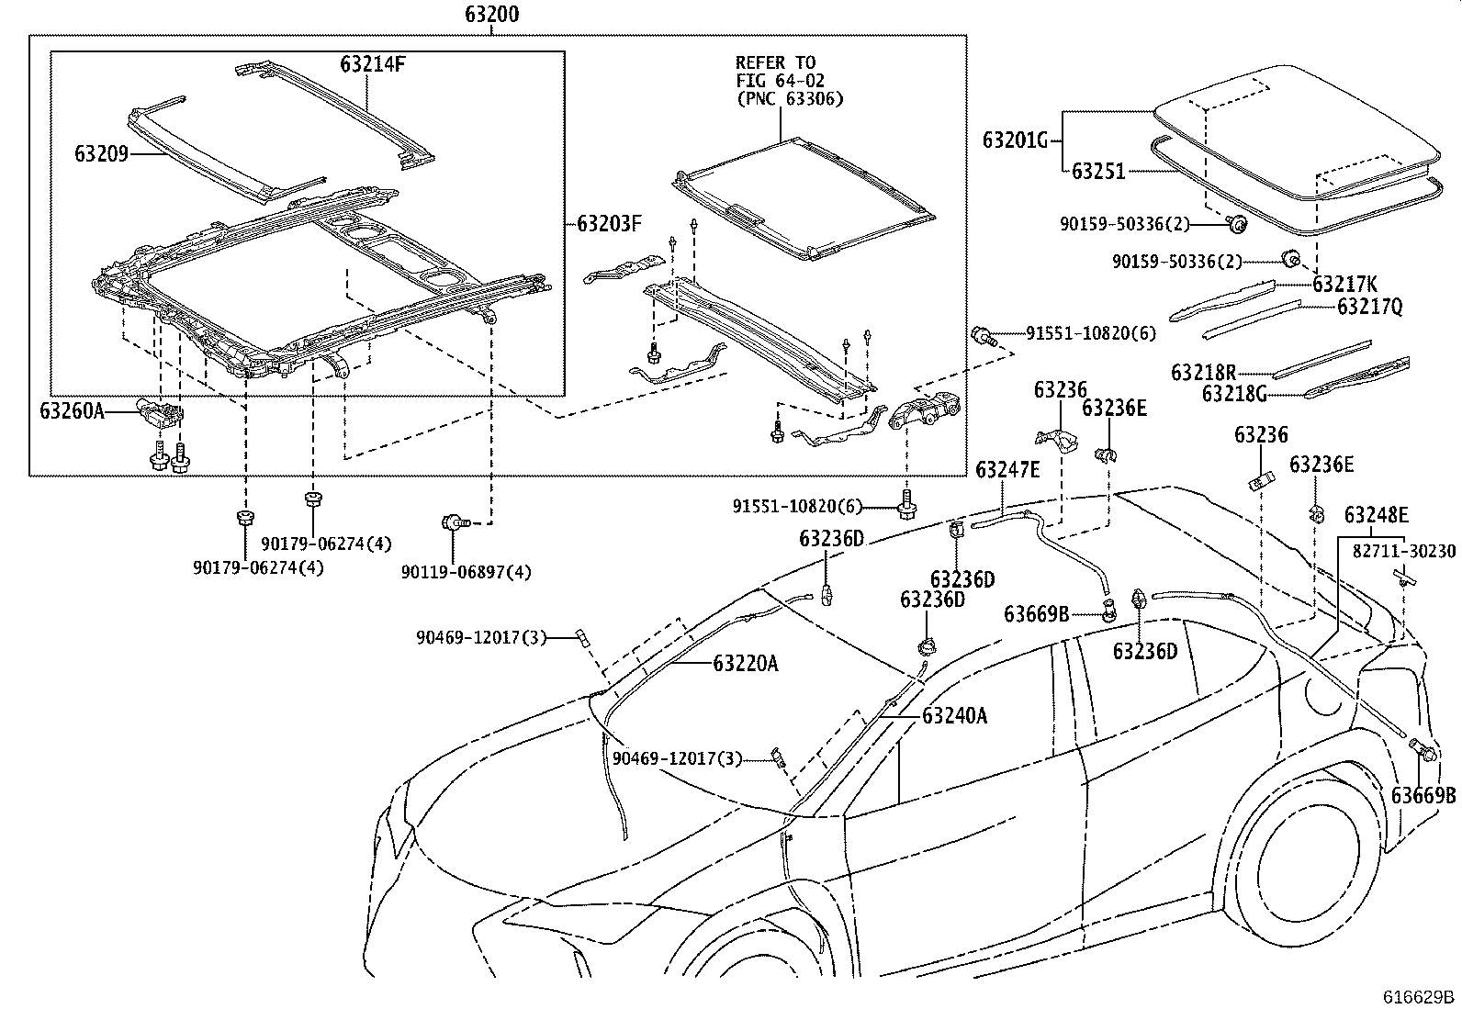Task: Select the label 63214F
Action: pyautogui.click(x=372, y=65)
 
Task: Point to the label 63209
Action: pyautogui.click(x=101, y=153)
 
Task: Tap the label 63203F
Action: pyautogui.click(x=609, y=223)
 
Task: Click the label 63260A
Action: pyautogui.click(x=72, y=410)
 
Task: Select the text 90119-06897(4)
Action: pyautogui.click(x=466, y=572)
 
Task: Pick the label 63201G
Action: pyautogui.click(x=1015, y=140)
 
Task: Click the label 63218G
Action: pyautogui.click(x=1234, y=394)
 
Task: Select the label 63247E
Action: pyautogui.click(x=1007, y=469)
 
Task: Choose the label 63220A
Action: pyautogui.click(x=745, y=663)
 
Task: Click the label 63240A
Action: pyautogui.click(x=954, y=715)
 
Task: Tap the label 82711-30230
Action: pyautogui.click(x=1403, y=552)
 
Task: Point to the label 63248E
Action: pyautogui.click(x=1376, y=515)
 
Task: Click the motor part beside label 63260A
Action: pyautogui.click(x=159, y=413)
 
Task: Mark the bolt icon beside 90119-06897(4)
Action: pyautogui.click(x=455, y=522)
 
